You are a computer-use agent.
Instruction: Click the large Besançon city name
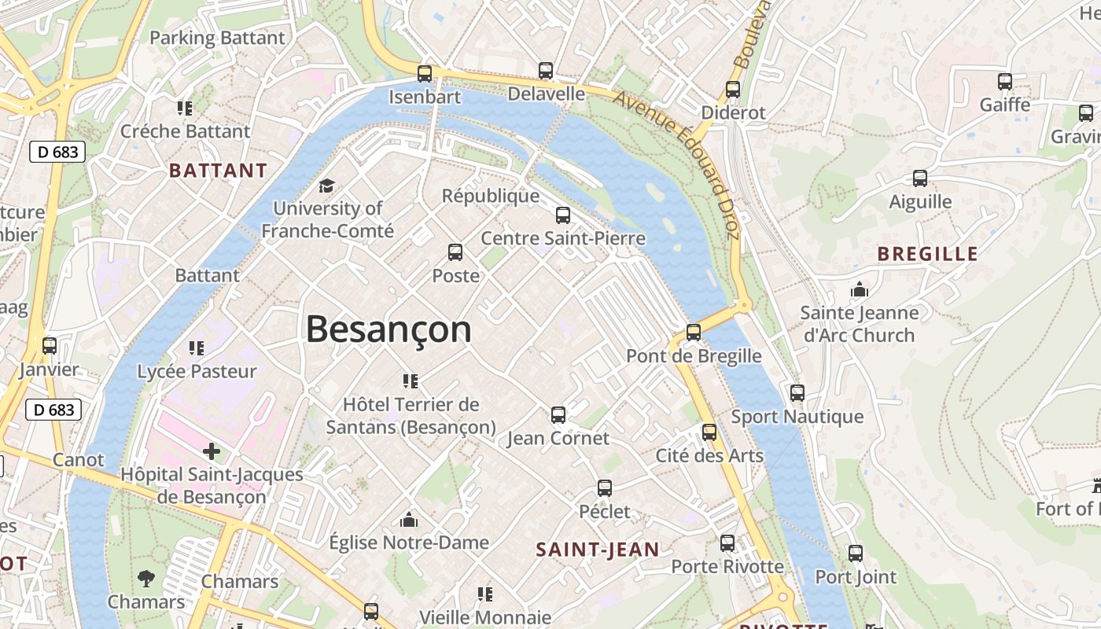pos(388,329)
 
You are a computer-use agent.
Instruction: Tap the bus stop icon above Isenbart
pos(425,74)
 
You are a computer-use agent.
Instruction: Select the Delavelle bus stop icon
pos(546,71)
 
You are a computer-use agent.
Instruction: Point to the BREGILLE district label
pos(927,254)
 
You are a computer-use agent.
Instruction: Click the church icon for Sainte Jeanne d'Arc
pos(859,289)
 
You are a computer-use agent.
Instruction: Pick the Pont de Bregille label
pos(694,356)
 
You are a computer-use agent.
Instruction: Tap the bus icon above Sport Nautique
pos(797,393)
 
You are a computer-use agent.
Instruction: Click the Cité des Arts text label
pos(709,456)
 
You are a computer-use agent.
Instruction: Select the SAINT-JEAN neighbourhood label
pos(598,550)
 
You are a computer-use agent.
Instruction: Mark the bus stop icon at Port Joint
pos(856,554)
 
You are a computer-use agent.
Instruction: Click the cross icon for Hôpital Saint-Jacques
pos(212,451)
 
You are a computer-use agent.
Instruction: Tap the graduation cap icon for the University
pos(326,186)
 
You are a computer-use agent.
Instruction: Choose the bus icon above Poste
pos(455,252)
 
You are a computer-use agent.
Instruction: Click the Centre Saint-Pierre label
pos(563,238)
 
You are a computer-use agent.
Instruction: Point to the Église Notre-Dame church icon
pos(408,520)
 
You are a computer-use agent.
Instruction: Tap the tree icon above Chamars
pos(146,579)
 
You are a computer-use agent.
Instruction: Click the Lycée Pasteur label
pos(197,371)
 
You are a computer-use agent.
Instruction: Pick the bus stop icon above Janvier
pos(50,346)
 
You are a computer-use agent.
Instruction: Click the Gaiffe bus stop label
pos(1004,105)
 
